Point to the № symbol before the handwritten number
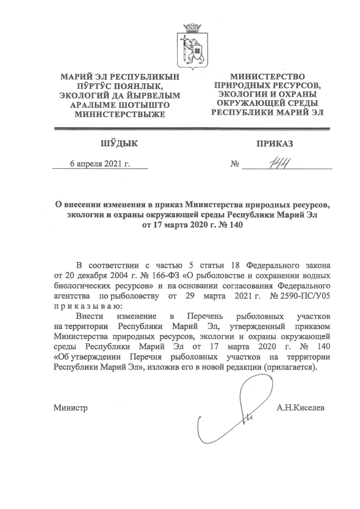[x=235, y=165]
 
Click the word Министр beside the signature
[x=71, y=407]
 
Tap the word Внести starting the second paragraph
[x=92, y=317]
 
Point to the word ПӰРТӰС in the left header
[x=92, y=85]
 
